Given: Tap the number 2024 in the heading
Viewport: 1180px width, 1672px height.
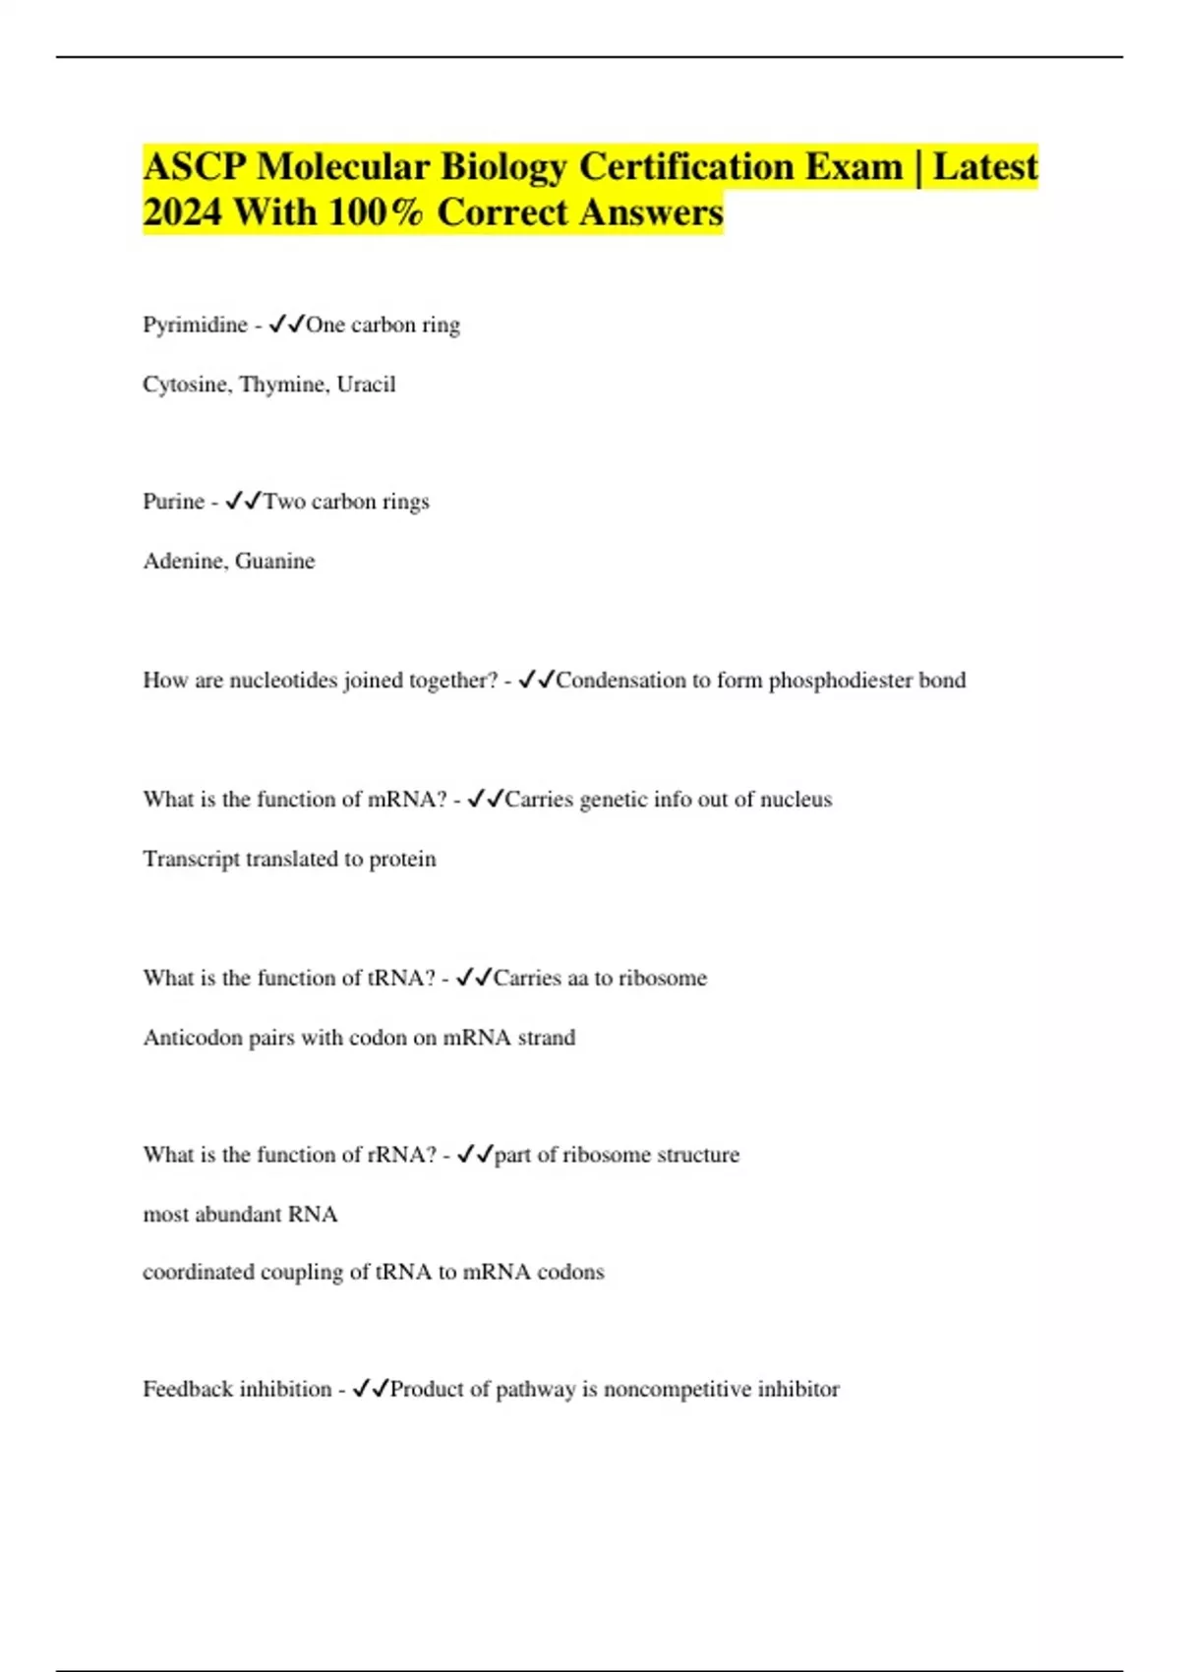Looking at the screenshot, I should click(182, 212).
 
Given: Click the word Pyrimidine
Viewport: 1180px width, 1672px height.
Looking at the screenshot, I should click(195, 326).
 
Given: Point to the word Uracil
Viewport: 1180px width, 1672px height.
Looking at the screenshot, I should click(366, 385).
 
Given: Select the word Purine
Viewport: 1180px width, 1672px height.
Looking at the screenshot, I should click(173, 502).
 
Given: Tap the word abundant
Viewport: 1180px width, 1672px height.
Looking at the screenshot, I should click(239, 1215).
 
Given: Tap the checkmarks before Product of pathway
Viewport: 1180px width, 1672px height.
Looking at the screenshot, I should click(370, 1389).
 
